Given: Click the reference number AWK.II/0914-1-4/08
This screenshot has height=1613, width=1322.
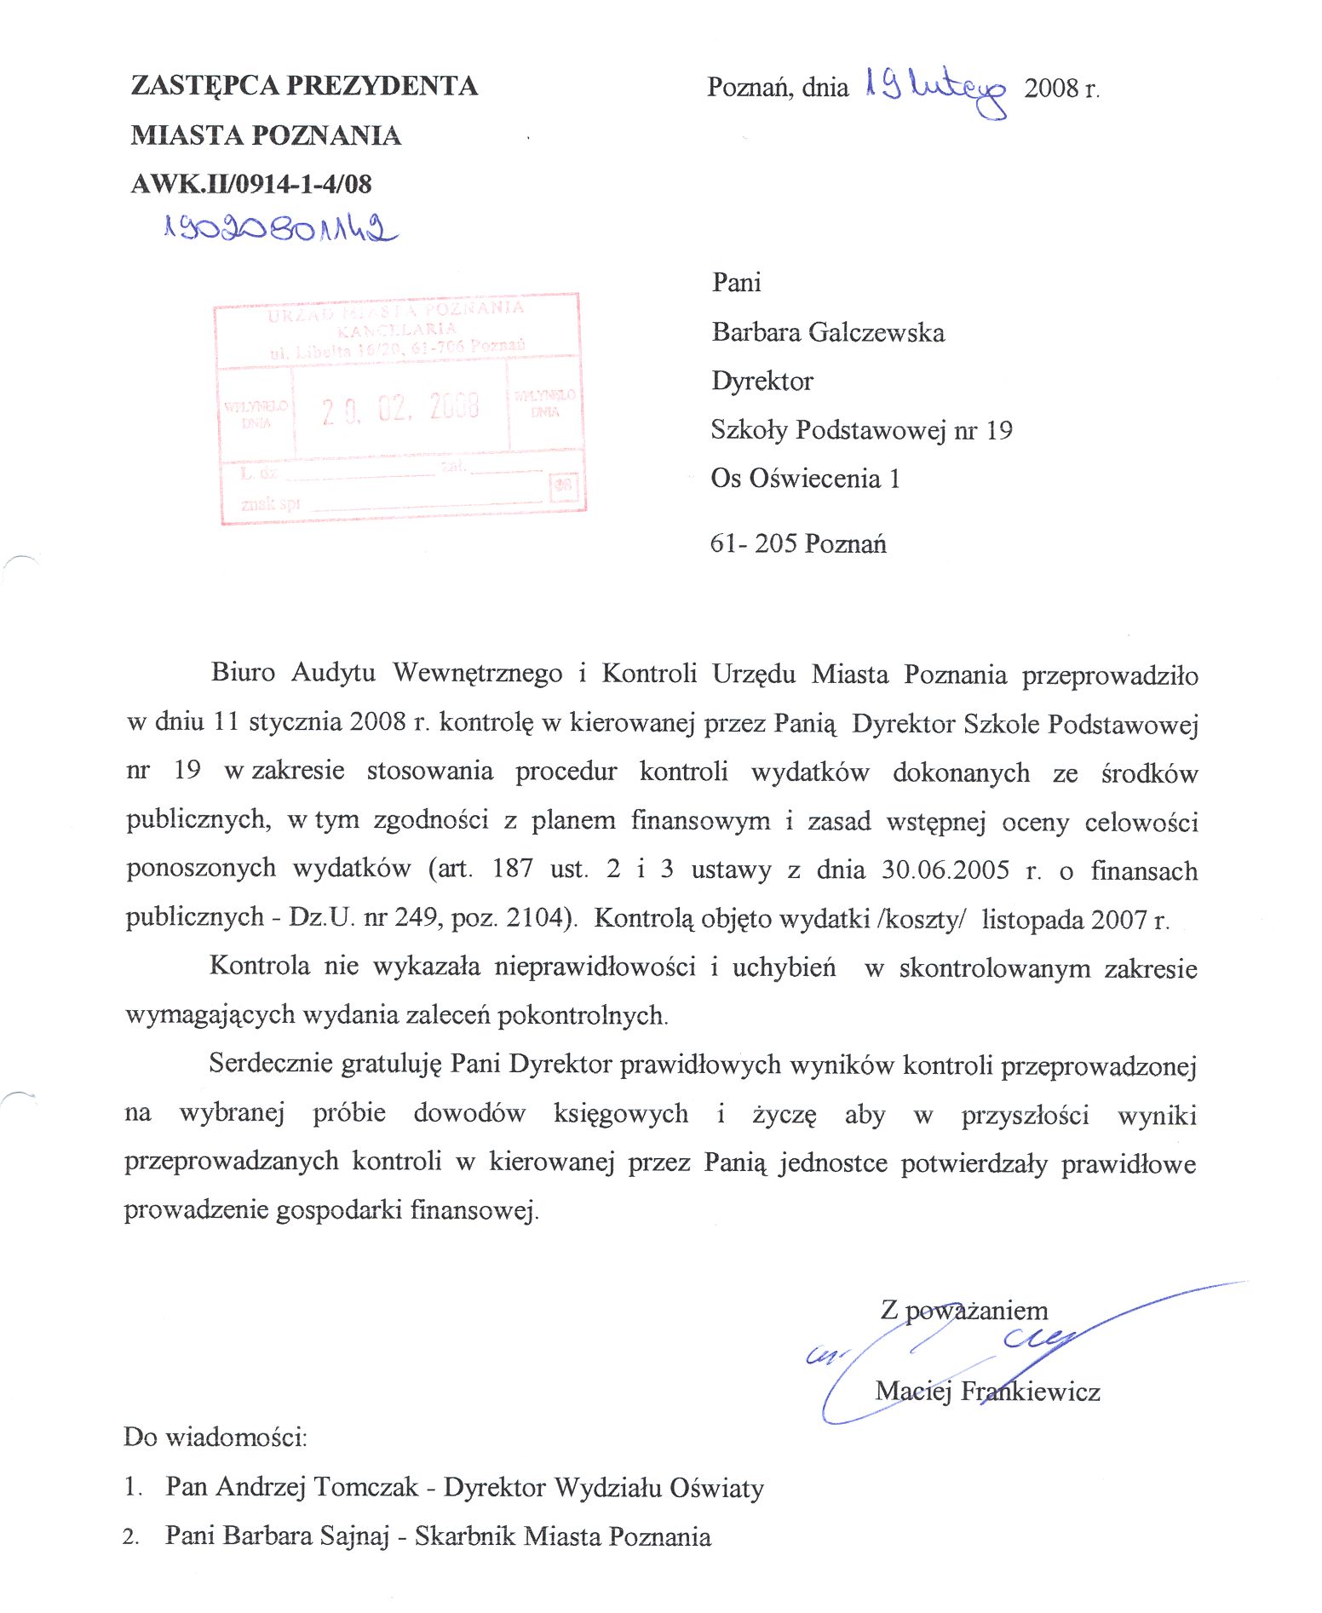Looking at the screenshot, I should pos(251,184).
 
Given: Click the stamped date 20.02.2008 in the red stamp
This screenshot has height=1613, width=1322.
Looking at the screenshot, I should pos(400,409).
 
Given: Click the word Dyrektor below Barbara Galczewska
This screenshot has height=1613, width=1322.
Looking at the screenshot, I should pos(762,381).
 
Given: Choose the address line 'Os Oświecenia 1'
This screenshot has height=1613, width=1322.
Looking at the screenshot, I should pos(805,479).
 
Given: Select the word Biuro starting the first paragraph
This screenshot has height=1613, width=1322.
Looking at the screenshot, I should pos(243,673).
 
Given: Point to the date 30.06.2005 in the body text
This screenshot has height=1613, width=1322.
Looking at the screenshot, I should pos(945,870).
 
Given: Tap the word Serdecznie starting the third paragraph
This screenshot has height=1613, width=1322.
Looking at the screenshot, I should pos(271,1064).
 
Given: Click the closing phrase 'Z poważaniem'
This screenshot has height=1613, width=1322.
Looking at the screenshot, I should pos(964,1310).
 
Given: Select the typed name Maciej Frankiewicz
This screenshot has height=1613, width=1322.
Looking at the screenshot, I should pos(987,1392).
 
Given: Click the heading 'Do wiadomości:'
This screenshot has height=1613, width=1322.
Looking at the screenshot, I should pos(215,1438).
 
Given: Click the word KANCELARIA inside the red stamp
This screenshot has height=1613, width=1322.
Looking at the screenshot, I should pos(397,329).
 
